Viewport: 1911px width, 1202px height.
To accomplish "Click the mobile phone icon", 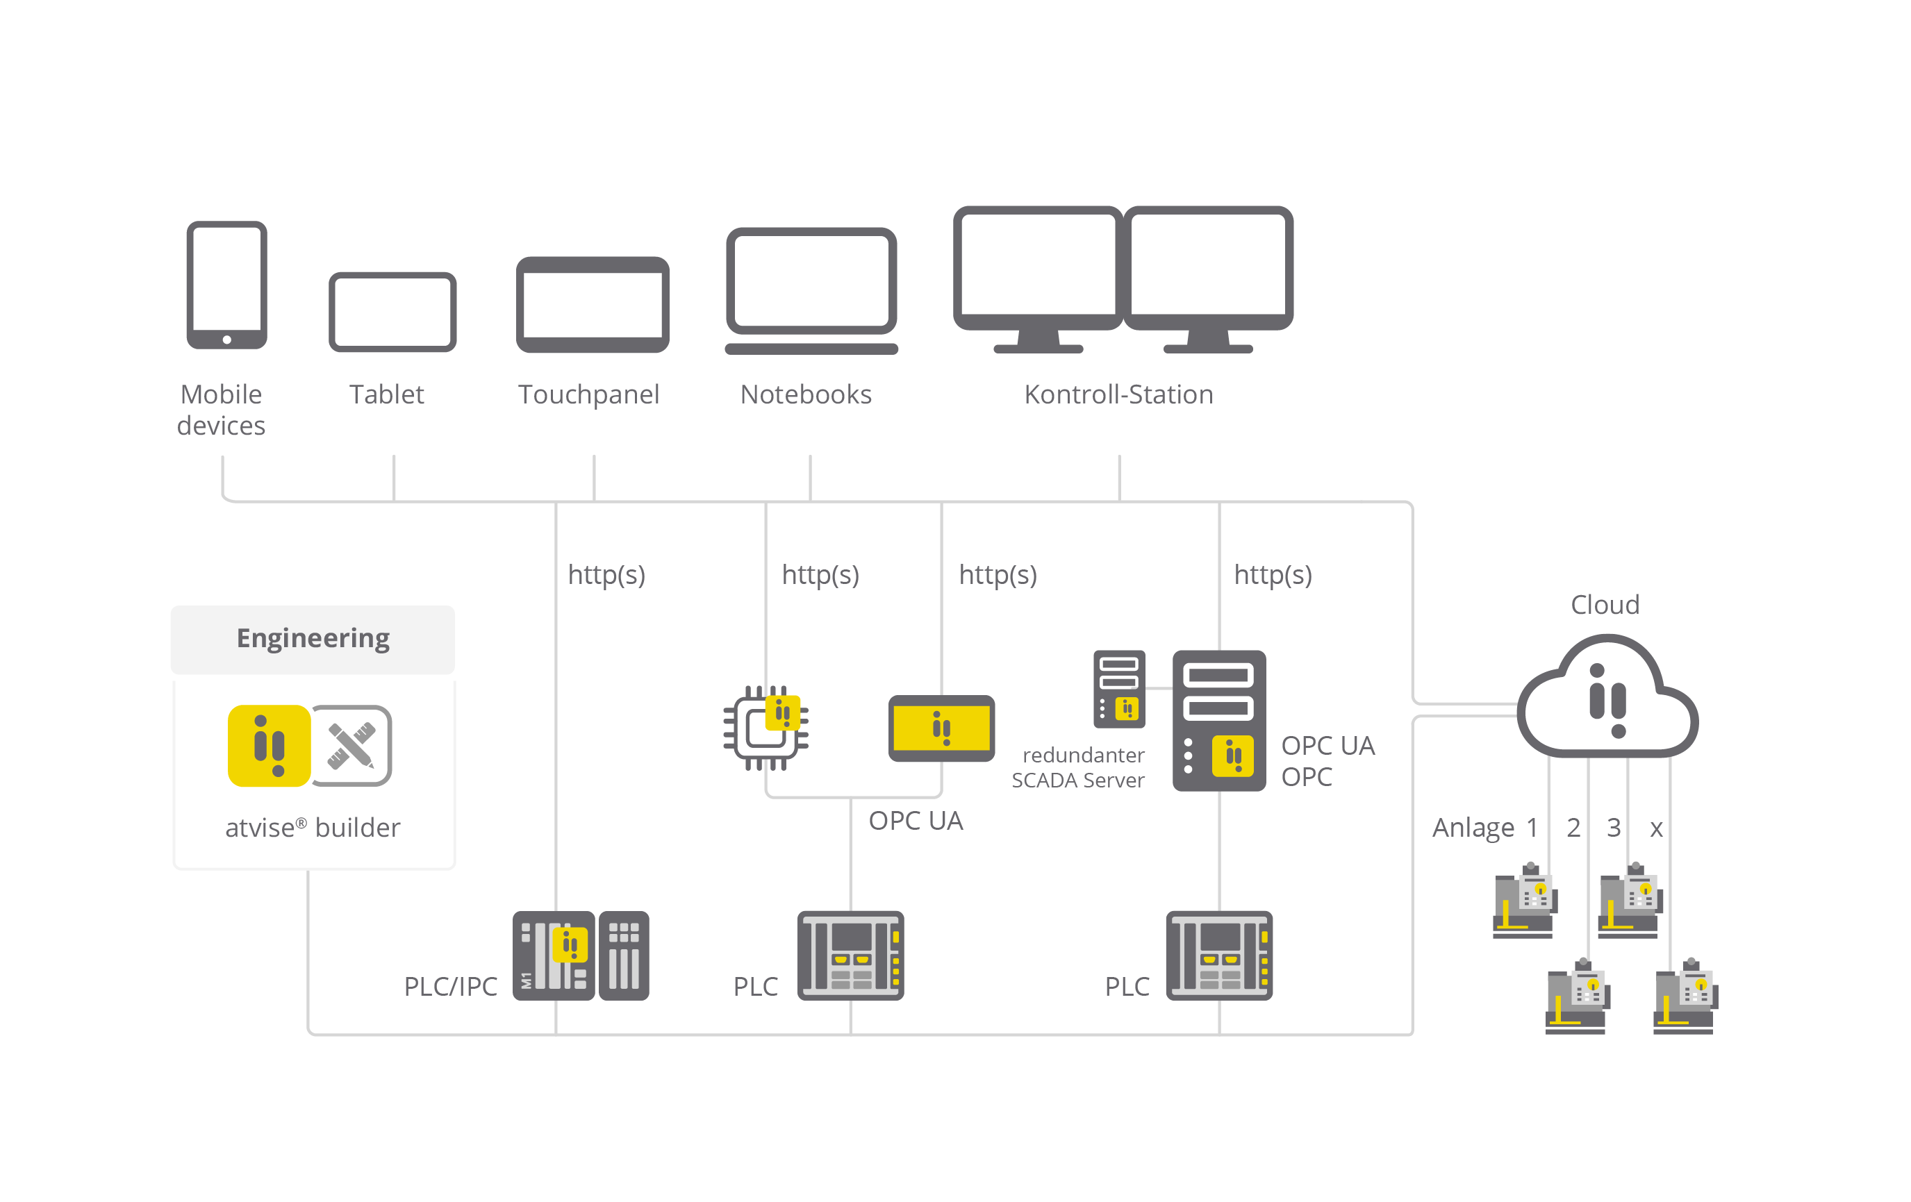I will [x=227, y=284].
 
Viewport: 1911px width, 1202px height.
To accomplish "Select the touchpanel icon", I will [x=592, y=304].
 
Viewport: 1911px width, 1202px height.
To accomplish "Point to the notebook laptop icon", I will [x=811, y=290].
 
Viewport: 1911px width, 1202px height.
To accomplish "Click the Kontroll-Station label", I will [x=1118, y=394].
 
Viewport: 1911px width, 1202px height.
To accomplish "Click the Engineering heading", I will [x=313, y=638].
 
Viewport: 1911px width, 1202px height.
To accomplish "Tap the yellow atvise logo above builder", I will [x=269, y=746].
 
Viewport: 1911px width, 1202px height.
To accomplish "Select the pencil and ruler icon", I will [x=351, y=746].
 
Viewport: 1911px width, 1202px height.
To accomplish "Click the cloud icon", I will [x=1607, y=698].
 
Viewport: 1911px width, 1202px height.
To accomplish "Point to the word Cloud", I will [x=1605, y=605].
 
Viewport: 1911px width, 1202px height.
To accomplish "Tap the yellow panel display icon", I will [x=941, y=728].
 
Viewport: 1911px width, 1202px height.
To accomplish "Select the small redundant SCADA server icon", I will [x=1119, y=689].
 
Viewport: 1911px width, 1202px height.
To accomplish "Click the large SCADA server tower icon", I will [x=1219, y=720].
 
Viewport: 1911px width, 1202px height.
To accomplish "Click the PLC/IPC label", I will [x=451, y=986].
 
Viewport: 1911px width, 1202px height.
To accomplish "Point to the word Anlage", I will [x=1473, y=828].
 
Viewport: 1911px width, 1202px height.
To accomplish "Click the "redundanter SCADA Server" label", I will [x=1079, y=767].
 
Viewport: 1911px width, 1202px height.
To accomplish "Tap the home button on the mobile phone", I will [x=227, y=340].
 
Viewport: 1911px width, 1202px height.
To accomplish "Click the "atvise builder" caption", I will [x=313, y=828].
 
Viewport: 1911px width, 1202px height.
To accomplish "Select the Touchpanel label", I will [x=589, y=394].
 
